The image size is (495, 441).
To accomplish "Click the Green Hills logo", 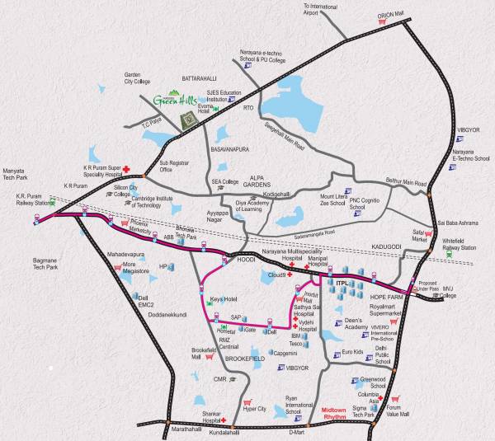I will (172, 100).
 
